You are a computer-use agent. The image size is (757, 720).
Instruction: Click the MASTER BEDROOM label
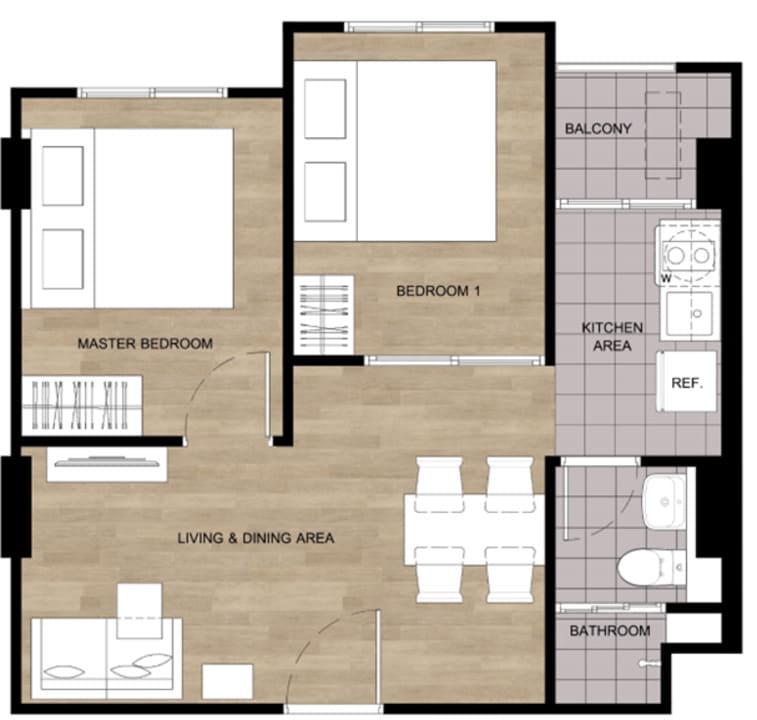click(145, 343)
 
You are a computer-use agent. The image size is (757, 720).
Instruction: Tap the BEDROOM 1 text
click(438, 291)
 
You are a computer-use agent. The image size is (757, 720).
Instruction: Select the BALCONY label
click(598, 128)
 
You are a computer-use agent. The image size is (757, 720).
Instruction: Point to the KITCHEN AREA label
click(612, 337)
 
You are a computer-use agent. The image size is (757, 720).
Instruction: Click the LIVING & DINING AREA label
click(256, 537)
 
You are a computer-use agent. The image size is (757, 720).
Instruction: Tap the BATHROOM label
click(610, 631)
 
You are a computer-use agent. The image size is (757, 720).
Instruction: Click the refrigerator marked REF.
click(686, 381)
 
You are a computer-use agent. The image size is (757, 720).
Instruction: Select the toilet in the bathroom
click(652, 567)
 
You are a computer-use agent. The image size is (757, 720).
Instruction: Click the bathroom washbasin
click(664, 501)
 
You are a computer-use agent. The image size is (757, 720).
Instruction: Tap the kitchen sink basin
click(689, 314)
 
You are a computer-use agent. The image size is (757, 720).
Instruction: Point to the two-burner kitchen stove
click(688, 254)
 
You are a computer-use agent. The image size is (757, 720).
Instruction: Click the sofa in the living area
click(107, 658)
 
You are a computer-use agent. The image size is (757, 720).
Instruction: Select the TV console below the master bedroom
click(107, 464)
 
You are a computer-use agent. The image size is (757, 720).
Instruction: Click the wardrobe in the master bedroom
click(82, 406)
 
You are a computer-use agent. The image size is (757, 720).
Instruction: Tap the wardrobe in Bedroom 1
click(324, 315)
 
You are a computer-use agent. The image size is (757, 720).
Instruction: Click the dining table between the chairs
click(475, 529)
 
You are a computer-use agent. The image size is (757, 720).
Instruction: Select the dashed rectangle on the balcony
click(663, 136)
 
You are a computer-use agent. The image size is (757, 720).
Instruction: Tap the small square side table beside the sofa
click(227, 681)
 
